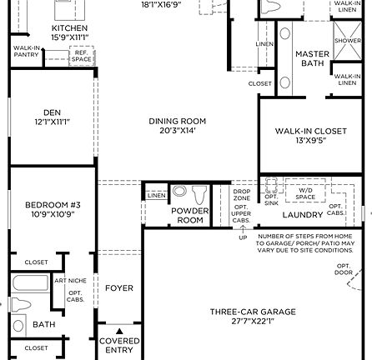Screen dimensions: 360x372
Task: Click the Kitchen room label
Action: (x=69, y=27)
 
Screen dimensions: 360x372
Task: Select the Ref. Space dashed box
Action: (x=80, y=56)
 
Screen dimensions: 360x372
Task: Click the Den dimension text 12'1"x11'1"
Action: (x=52, y=122)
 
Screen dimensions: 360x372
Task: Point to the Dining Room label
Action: (x=177, y=121)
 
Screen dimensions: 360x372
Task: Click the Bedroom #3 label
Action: (x=53, y=204)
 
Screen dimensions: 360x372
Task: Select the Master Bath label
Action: (x=312, y=58)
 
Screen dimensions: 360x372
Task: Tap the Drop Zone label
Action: (x=242, y=194)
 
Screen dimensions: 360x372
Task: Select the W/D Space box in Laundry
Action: (x=304, y=193)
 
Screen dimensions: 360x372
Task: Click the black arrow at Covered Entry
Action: (x=118, y=331)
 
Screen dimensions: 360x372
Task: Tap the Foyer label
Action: (x=118, y=288)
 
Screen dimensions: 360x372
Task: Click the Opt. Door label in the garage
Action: (x=343, y=269)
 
